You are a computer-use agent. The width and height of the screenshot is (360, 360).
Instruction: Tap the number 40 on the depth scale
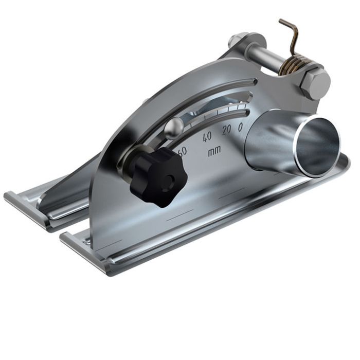click(207, 137)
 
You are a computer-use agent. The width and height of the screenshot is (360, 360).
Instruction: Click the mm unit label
click(214, 153)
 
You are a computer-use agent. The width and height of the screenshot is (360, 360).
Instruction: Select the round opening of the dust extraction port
click(317, 147)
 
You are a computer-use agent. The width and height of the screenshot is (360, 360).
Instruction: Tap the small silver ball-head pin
click(175, 125)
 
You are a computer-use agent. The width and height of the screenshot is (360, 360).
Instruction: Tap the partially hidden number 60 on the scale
click(182, 150)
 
